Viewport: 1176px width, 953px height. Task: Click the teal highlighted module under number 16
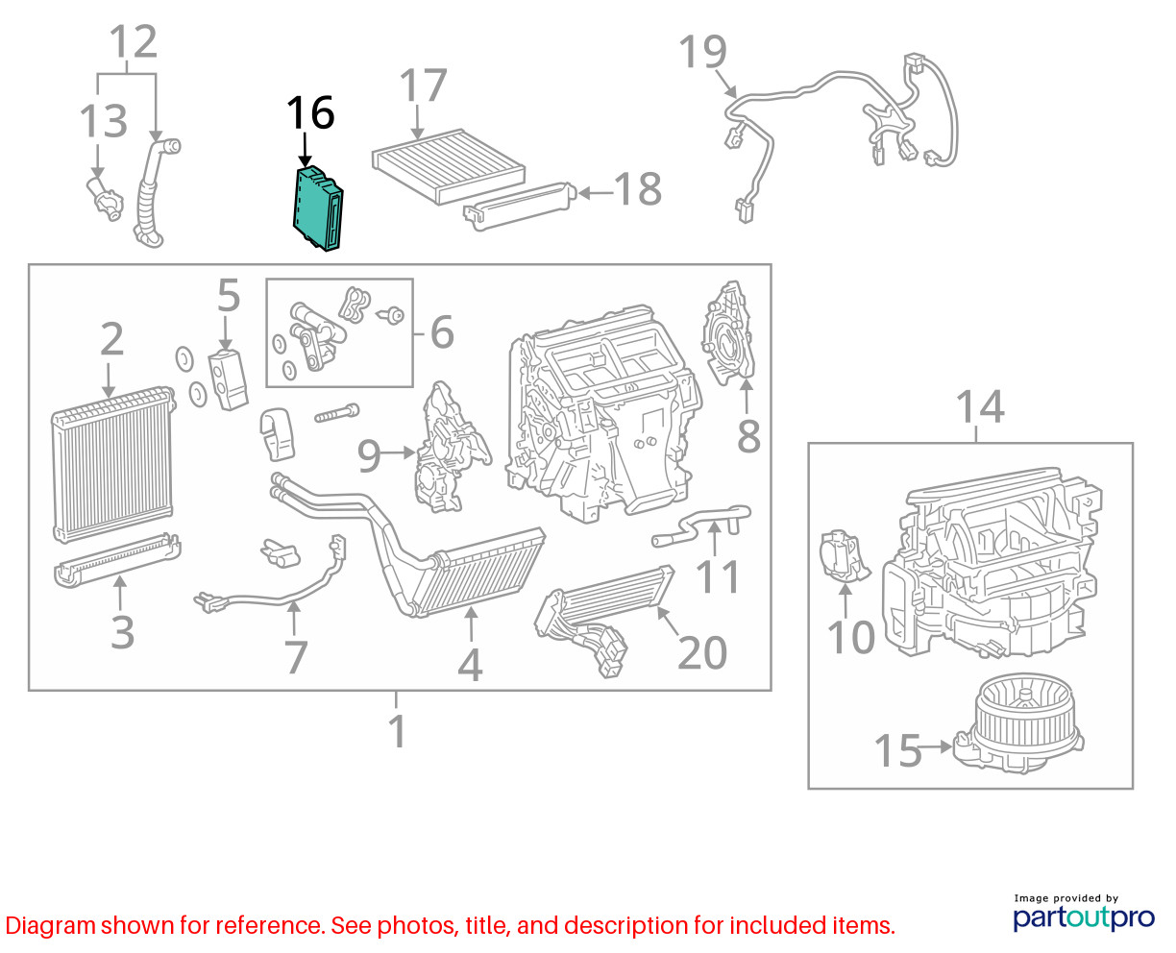pyautogui.click(x=317, y=208)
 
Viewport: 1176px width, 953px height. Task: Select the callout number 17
pyautogui.click(x=423, y=86)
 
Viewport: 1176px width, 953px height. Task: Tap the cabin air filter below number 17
pyautogui.click(x=449, y=165)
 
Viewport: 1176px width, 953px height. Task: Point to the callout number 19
pyautogui.click(x=702, y=51)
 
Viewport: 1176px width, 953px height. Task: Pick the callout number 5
pyautogui.click(x=229, y=295)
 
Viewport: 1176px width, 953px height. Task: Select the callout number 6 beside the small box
pyautogui.click(x=442, y=332)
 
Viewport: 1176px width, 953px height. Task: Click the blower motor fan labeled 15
pyautogui.click(x=1019, y=722)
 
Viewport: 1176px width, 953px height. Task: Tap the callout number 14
pyautogui.click(x=980, y=407)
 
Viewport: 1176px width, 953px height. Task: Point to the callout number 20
pyautogui.click(x=702, y=652)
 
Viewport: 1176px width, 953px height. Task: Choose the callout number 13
pyautogui.click(x=104, y=121)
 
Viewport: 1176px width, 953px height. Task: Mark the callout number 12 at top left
pyautogui.click(x=134, y=41)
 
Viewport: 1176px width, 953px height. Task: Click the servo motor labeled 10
pyautogui.click(x=843, y=556)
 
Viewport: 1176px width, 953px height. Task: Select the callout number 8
pyautogui.click(x=748, y=436)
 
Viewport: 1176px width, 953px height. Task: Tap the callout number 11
pyautogui.click(x=717, y=577)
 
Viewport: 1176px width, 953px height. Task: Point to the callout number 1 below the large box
pyautogui.click(x=398, y=732)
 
